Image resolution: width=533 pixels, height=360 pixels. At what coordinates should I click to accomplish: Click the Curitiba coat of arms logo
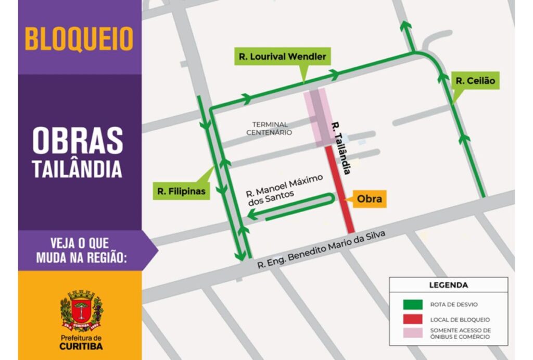81,311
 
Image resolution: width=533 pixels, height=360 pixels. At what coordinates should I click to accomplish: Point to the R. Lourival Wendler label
282,56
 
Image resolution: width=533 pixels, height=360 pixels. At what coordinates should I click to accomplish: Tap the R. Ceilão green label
475,81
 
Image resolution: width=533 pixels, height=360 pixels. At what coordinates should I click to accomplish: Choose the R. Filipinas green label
181,191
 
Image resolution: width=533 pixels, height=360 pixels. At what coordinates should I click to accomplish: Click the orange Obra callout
369,199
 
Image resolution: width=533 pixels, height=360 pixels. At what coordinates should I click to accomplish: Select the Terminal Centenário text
270,128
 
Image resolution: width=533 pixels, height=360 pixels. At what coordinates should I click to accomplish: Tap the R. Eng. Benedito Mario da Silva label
322,251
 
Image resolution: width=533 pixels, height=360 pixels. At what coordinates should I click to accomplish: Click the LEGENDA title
448,285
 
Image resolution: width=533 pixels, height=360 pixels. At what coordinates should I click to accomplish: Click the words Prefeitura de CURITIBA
81,342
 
